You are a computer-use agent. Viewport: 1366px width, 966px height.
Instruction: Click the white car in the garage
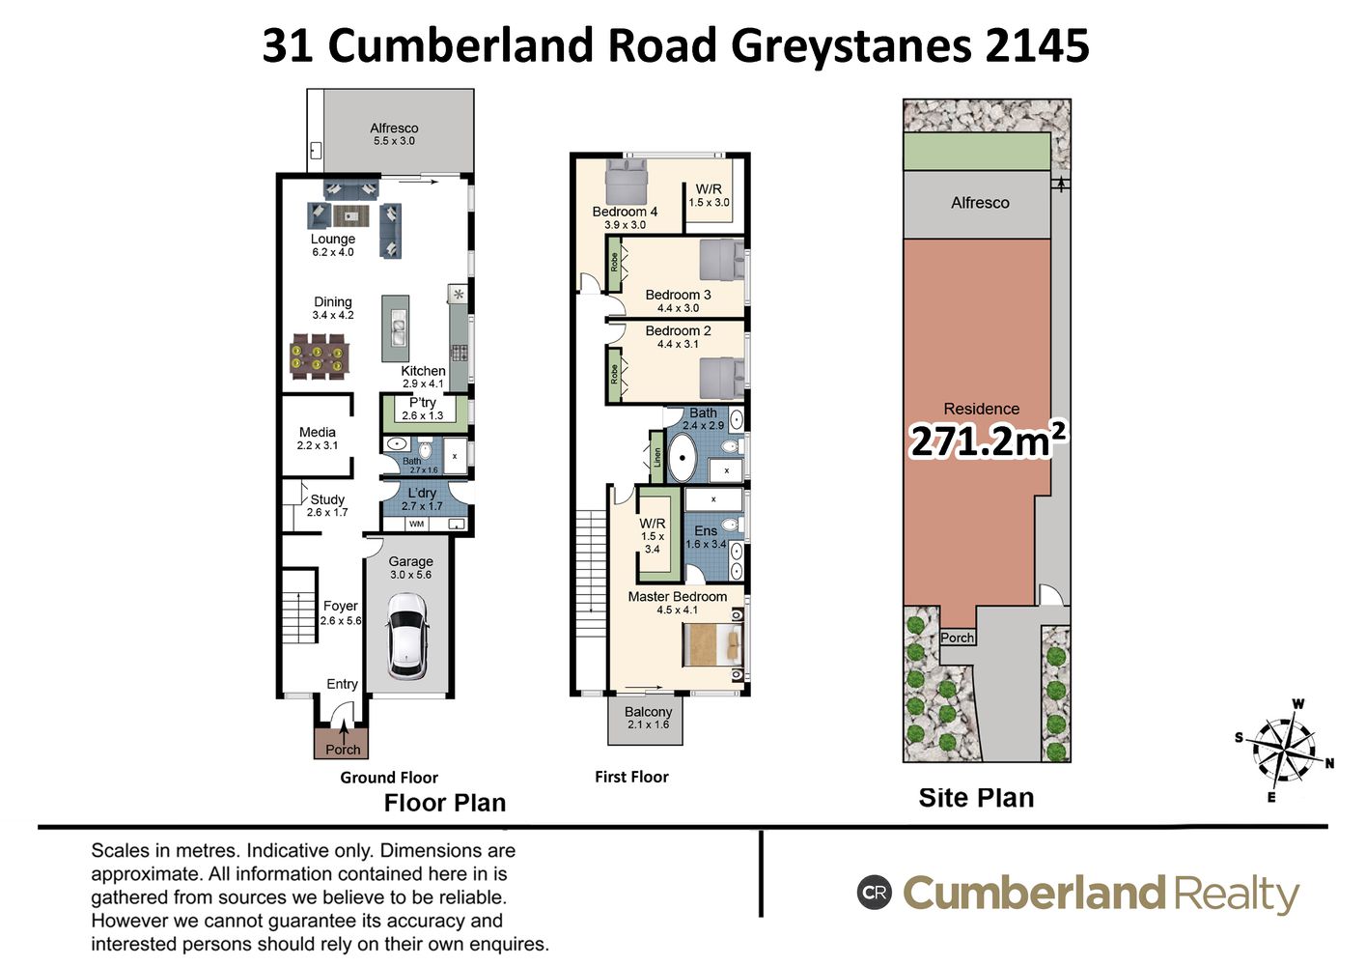point(407,637)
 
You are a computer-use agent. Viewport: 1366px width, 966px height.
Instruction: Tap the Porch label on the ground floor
point(343,750)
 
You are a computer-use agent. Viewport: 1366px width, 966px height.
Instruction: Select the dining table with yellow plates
point(320,355)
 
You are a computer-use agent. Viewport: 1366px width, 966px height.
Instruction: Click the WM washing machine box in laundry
point(416,524)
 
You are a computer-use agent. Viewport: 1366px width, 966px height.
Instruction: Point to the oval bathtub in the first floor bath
point(684,458)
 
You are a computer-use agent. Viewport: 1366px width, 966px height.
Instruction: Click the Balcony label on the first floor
point(648,712)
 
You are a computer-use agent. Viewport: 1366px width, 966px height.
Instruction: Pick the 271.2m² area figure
point(988,440)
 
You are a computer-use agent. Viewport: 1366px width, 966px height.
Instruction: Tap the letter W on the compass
point(1298,704)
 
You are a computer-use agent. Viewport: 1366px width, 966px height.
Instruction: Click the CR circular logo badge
point(875,893)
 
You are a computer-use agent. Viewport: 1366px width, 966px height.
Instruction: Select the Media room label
point(317,432)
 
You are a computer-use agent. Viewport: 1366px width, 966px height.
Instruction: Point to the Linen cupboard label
point(656,457)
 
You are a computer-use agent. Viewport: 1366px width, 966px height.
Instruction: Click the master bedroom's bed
point(713,645)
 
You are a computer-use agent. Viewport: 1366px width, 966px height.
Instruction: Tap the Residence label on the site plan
point(981,409)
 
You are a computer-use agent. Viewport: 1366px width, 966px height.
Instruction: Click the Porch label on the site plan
point(958,638)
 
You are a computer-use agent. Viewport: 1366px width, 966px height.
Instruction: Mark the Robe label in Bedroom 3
point(614,263)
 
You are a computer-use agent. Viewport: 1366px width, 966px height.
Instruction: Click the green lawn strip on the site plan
point(976,152)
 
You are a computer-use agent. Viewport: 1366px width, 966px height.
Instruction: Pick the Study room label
point(327,499)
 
